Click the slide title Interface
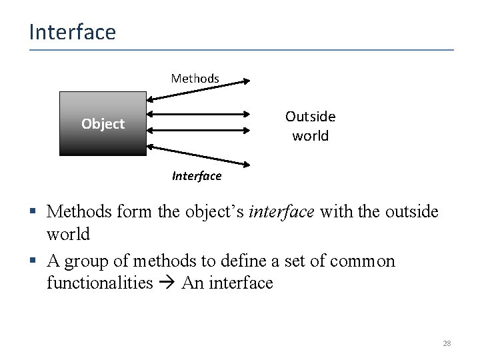(x=72, y=32)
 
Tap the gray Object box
(x=103, y=123)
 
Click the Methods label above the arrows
(x=195, y=79)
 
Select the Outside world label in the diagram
(x=310, y=126)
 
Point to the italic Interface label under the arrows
(x=196, y=176)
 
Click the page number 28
(x=447, y=343)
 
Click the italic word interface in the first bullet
(x=281, y=212)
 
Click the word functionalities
(x=100, y=283)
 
